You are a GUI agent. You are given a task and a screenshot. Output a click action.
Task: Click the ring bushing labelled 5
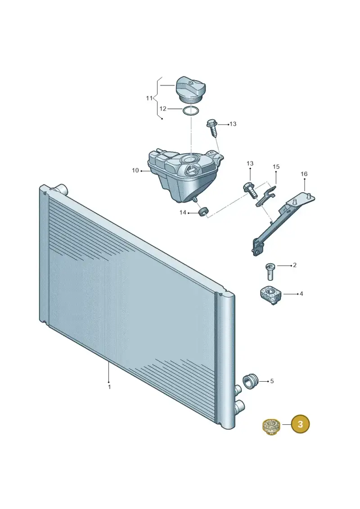[x=250, y=381]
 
